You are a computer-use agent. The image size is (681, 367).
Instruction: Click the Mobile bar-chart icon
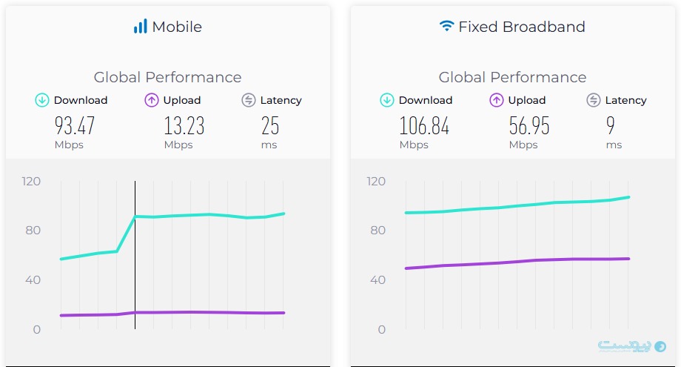[140, 27]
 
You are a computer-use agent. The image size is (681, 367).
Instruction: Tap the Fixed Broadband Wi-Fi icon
[446, 26]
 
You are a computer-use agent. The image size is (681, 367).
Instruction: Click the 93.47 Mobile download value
[75, 125]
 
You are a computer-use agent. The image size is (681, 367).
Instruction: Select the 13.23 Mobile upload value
[184, 125]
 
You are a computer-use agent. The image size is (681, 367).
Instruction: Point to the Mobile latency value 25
[270, 125]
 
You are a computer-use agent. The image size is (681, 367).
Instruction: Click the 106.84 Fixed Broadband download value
[424, 125]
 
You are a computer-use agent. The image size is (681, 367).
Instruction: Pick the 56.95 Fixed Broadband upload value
[529, 125]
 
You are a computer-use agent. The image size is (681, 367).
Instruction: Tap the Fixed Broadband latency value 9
[611, 125]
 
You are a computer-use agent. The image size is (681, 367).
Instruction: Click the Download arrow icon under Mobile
[42, 100]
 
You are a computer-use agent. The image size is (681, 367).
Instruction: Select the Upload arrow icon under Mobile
[152, 100]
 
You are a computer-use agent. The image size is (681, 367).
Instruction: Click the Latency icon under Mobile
[249, 100]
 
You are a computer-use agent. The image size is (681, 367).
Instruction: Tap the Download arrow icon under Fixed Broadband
[387, 100]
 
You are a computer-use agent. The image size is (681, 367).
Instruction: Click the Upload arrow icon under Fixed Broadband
[497, 100]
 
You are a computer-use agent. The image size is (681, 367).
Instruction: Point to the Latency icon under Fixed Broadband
[594, 100]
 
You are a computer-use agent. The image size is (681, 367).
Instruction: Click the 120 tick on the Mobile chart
[32, 181]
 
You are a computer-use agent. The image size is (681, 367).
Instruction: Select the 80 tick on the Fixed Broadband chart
[378, 231]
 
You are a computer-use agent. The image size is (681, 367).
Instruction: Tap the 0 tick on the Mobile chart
[37, 329]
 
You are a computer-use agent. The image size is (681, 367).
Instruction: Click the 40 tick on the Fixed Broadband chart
[378, 280]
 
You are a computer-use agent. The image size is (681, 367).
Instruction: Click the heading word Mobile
[177, 27]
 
